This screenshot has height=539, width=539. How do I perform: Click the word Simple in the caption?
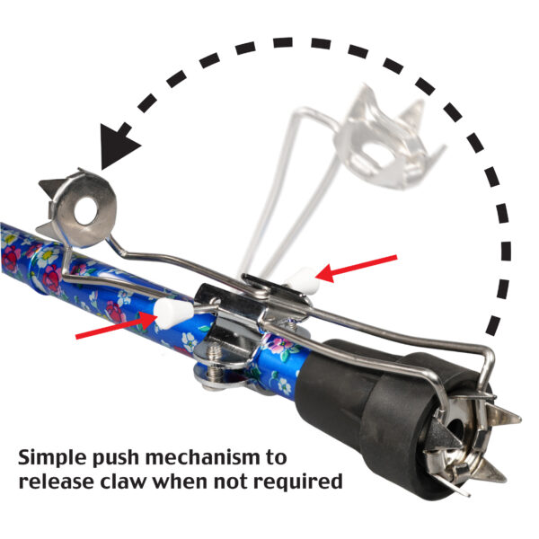51,458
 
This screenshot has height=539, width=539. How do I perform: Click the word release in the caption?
57,482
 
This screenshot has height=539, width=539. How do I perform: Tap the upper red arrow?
357,269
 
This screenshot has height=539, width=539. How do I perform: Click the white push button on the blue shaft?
172,313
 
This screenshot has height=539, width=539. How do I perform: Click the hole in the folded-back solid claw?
85,211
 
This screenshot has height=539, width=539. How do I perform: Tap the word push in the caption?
115,458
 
